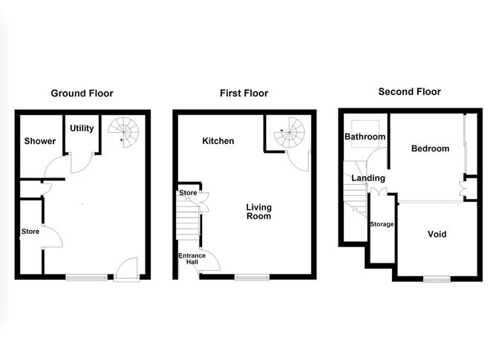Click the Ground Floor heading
[82, 94]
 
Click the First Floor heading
[244, 94]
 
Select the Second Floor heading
[409, 92]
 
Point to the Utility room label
[82, 128]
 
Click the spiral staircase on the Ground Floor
[123, 133]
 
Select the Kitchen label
[218, 141]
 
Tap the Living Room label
[259, 212]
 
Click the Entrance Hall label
[191, 259]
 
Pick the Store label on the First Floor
[187, 194]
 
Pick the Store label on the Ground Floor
[30, 231]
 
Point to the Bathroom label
[365, 137]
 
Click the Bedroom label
[431, 148]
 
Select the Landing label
[368, 178]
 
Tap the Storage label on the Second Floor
[382, 224]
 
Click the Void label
[437, 234]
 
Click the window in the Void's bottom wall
[437, 279]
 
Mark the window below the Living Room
[252, 278]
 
